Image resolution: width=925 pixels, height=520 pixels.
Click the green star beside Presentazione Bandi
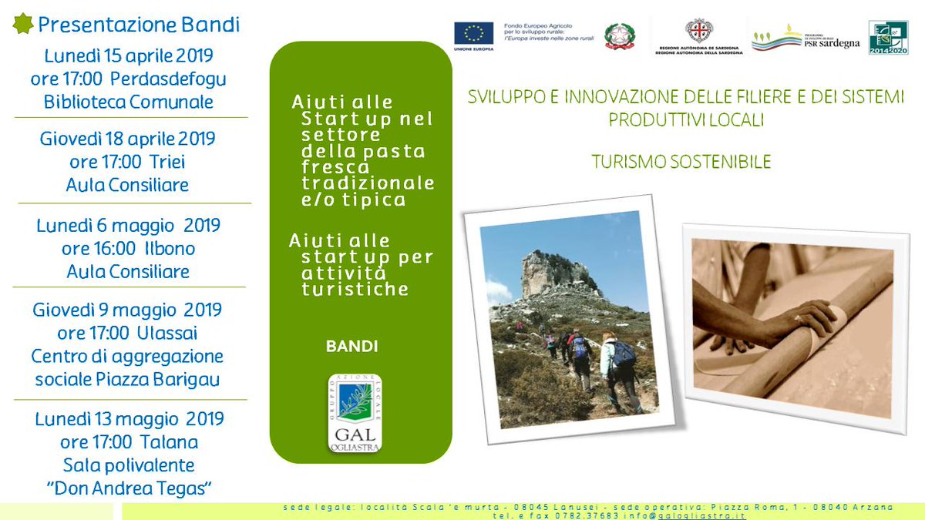(22, 25)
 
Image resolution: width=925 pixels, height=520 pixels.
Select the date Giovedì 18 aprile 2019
(127, 139)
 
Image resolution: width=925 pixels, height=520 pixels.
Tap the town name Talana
(170, 442)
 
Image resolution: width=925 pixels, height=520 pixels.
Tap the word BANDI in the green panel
(351, 347)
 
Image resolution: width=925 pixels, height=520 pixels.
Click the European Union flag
(473, 34)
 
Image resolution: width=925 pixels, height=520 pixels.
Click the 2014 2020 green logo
(888, 37)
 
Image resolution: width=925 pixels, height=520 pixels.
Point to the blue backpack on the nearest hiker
(623, 354)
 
